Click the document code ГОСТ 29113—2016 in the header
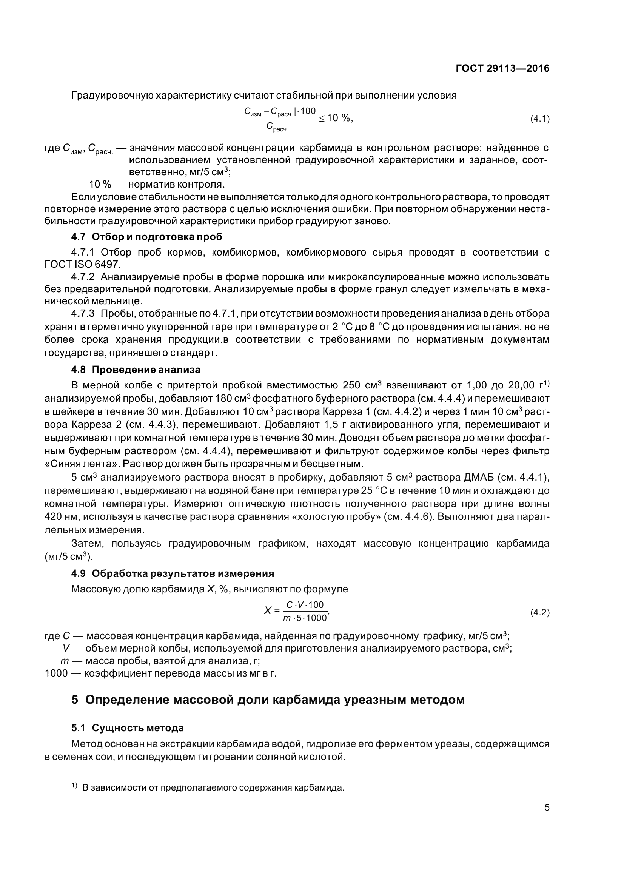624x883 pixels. [502, 68]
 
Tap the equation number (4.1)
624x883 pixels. [540, 119]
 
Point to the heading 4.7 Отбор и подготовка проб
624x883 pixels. [146, 237]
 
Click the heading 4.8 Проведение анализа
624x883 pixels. [136, 370]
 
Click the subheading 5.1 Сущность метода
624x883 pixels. [127, 728]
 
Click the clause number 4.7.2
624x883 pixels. [83, 277]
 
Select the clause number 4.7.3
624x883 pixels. [83, 314]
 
